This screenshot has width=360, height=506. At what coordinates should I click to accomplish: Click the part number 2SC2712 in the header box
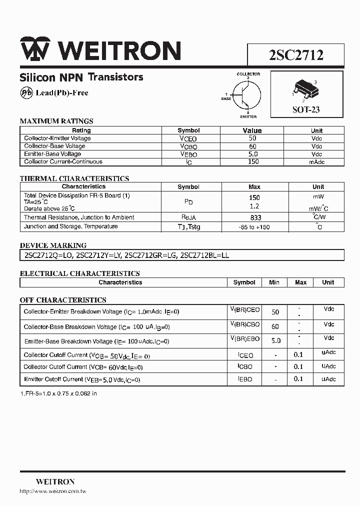click(x=296, y=55)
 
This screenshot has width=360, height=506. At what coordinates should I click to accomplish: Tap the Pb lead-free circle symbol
click(x=26, y=92)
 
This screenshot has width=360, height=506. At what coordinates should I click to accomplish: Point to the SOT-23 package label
click(x=306, y=109)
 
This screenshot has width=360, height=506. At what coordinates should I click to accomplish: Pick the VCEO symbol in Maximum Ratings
click(x=188, y=138)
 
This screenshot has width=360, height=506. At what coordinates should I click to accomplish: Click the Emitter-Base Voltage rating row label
click(x=52, y=154)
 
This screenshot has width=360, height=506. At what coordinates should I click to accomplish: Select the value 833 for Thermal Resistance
click(x=254, y=218)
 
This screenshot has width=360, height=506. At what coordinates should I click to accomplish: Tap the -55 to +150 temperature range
click(x=254, y=227)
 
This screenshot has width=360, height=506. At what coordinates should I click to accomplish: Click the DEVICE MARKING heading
click(x=53, y=245)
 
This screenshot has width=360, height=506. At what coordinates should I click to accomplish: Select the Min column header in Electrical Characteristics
click(x=274, y=282)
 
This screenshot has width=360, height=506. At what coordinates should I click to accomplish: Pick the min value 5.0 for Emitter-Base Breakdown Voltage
click(x=275, y=340)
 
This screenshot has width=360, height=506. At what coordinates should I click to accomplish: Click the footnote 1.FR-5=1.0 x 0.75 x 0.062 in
click(x=58, y=393)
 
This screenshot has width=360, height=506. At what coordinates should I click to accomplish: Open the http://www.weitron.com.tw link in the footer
click(x=53, y=491)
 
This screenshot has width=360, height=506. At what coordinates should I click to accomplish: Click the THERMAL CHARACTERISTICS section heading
click(x=74, y=178)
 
